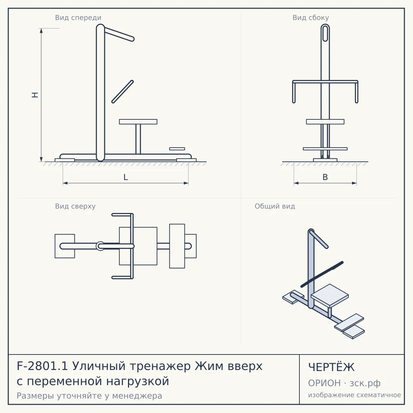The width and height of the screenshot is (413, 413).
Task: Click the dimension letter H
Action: click(x=35, y=95)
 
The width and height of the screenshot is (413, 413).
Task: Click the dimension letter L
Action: click(x=126, y=177)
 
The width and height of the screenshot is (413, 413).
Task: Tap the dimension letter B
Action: click(x=325, y=177)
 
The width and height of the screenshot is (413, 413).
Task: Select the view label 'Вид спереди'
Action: click(x=78, y=18)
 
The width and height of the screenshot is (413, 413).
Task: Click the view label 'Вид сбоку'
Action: click(x=311, y=18)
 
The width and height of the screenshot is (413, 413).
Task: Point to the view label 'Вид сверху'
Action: click(x=75, y=206)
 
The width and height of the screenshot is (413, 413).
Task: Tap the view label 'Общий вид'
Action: click(x=275, y=206)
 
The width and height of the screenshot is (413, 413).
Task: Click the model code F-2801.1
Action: click(x=42, y=366)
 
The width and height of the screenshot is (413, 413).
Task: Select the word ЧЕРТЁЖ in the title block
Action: click(x=331, y=367)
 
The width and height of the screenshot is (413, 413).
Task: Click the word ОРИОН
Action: click(x=324, y=383)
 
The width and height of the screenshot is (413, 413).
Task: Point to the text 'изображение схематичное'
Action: click(x=354, y=395)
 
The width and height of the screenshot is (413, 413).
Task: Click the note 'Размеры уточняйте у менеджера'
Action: click(x=89, y=396)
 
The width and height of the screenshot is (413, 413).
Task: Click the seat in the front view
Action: click(x=138, y=122)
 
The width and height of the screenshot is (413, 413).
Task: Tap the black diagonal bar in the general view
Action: click(x=322, y=274)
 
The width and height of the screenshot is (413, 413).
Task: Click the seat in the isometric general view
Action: click(x=330, y=295)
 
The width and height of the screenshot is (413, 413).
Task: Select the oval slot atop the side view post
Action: click(x=325, y=33)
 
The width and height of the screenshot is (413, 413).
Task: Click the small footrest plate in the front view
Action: click(x=177, y=149)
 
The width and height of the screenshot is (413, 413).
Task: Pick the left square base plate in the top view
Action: click(x=65, y=246)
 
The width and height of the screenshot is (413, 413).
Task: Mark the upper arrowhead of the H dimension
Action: click(x=41, y=31)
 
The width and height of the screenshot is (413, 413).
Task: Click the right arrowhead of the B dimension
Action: click(x=354, y=183)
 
